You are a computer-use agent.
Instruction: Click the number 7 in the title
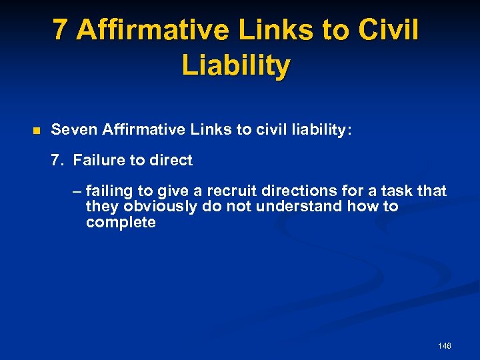[x=61, y=30]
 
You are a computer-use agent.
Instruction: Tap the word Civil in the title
[x=389, y=30]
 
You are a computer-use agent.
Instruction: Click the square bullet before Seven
[x=37, y=130]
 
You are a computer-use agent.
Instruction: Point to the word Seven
[x=73, y=129]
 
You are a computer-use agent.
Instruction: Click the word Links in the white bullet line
[x=211, y=129]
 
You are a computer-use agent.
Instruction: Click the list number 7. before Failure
[x=57, y=160]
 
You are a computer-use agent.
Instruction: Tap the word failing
[x=110, y=191]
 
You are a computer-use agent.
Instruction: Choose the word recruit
[x=221, y=191]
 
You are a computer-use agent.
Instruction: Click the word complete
[x=121, y=223]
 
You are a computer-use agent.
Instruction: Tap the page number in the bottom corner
[x=444, y=346]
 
